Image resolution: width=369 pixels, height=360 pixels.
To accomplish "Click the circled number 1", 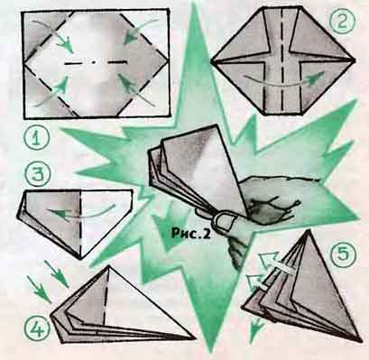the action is point(36,139).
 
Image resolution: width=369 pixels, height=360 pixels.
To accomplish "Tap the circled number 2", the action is point(341,22).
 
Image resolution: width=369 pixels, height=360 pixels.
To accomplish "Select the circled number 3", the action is point(38,175).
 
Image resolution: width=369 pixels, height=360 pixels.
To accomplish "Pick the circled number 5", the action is point(344,253).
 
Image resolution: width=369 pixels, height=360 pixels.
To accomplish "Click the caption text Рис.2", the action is point(190,234).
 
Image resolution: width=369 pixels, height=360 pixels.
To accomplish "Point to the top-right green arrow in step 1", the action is point(139,31).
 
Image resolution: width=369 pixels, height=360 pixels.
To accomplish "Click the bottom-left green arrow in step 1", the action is point(52,92).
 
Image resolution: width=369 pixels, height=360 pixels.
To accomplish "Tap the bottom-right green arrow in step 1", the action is point(134,89).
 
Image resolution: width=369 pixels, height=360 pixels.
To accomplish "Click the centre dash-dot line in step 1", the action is point(95,63).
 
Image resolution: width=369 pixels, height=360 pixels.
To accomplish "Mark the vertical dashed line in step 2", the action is point(282,60).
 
